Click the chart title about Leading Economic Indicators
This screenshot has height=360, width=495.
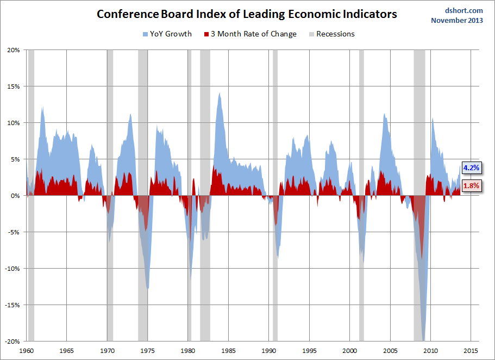[x=247, y=14]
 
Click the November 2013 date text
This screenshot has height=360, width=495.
[x=457, y=21]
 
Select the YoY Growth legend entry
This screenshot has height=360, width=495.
[x=167, y=34]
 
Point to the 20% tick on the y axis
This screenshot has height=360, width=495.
[x=12, y=50]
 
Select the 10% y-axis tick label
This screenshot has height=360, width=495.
[x=12, y=123]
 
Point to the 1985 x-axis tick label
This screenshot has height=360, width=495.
[x=228, y=351]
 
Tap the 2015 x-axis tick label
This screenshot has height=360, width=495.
[x=471, y=351]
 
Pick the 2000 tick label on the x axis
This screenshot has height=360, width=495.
[x=349, y=351]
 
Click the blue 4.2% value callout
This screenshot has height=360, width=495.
[x=471, y=168]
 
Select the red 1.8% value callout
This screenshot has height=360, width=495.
[x=471, y=186]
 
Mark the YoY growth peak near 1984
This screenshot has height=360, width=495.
[x=219, y=94]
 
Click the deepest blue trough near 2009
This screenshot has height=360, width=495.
[x=423, y=338]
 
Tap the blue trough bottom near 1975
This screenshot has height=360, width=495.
[x=148, y=287]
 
